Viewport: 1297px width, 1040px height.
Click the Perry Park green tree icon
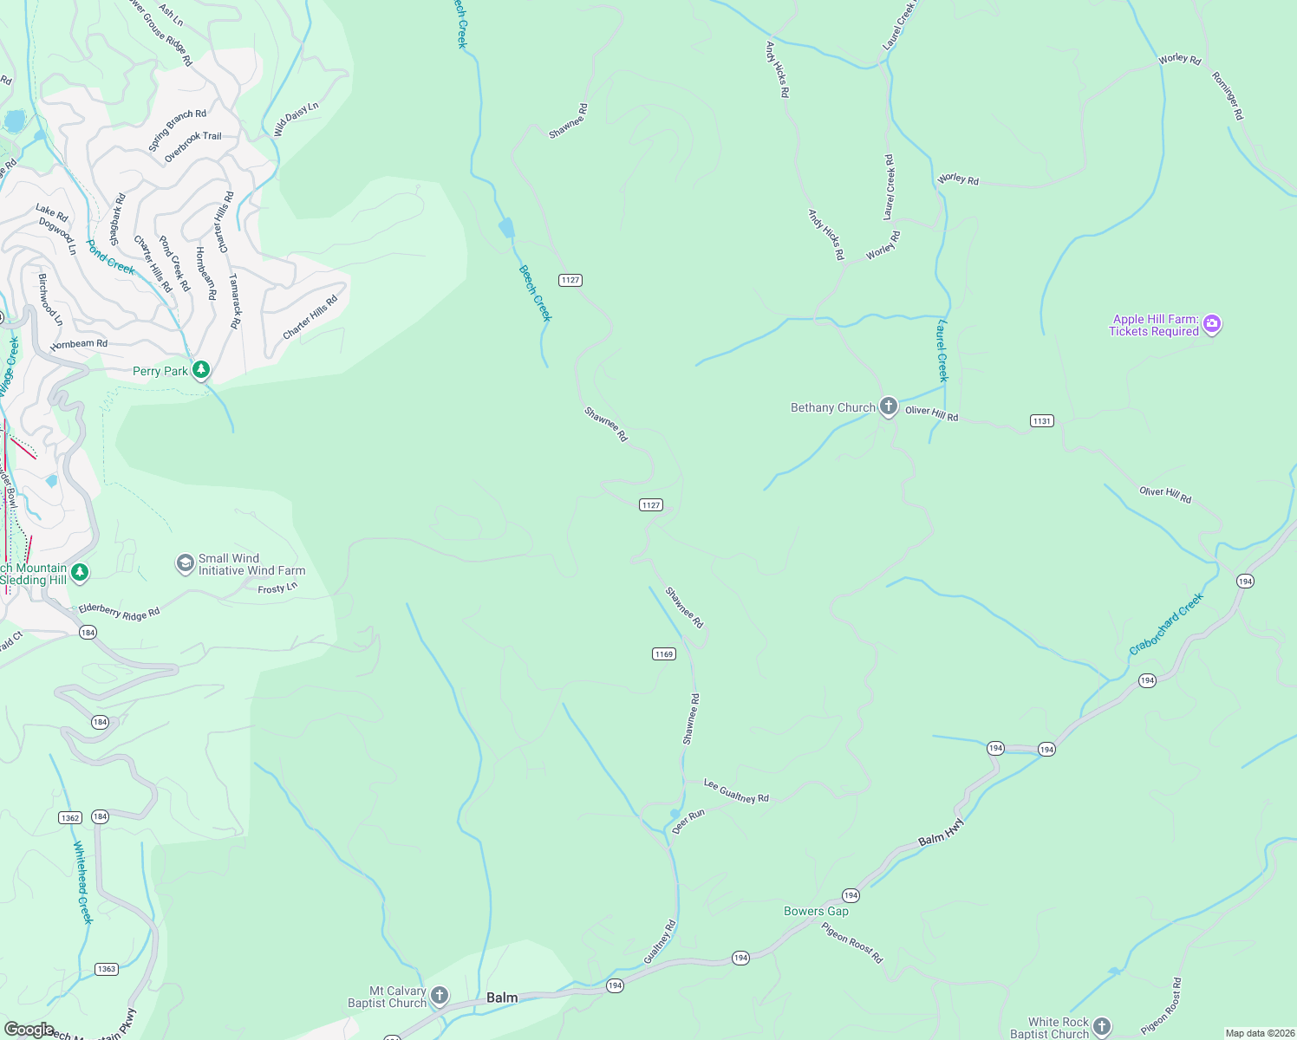click(201, 371)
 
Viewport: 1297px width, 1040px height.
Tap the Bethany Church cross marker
click(888, 407)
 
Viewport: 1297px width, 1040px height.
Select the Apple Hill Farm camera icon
click(1212, 325)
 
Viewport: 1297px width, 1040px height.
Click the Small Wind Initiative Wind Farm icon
click(185, 564)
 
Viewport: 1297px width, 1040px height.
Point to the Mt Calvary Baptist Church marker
click(440, 996)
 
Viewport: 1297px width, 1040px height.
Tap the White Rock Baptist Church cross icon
click(1101, 1027)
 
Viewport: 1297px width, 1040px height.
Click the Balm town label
click(502, 998)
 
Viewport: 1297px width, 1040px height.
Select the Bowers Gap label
click(816, 911)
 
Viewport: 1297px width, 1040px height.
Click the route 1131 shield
click(1042, 421)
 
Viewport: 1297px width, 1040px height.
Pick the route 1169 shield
click(664, 654)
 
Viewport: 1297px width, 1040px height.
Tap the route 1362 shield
click(70, 818)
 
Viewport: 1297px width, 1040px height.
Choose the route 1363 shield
click(107, 969)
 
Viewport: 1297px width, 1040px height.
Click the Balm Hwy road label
click(941, 833)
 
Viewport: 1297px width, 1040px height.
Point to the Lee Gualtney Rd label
click(736, 791)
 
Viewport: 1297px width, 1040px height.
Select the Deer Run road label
click(688, 822)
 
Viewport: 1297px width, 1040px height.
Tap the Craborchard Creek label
click(1166, 624)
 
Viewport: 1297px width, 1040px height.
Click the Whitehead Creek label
click(82, 882)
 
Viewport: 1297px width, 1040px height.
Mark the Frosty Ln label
click(277, 588)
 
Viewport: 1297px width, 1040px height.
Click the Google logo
click(29, 1030)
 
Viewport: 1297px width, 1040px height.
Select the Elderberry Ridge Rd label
click(120, 611)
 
